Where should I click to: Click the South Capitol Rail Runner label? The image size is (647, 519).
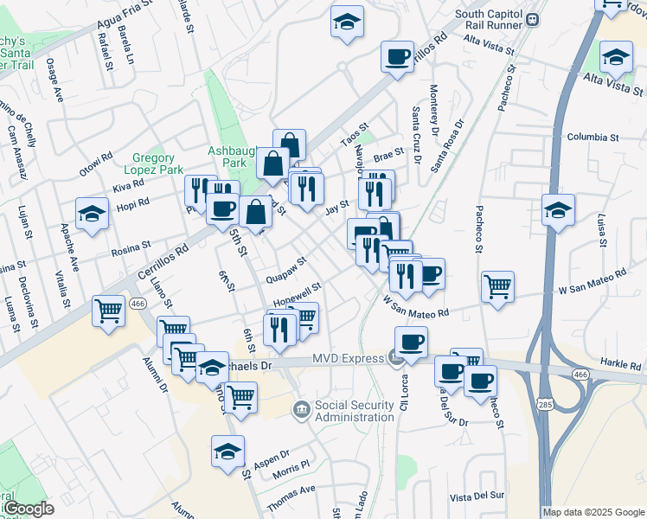(x=490, y=20)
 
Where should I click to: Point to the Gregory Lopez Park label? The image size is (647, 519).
(x=159, y=164)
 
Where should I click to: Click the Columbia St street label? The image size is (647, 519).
(x=593, y=138)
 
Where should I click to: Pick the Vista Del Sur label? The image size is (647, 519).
(x=477, y=496)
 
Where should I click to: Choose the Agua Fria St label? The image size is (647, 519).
(x=125, y=16)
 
